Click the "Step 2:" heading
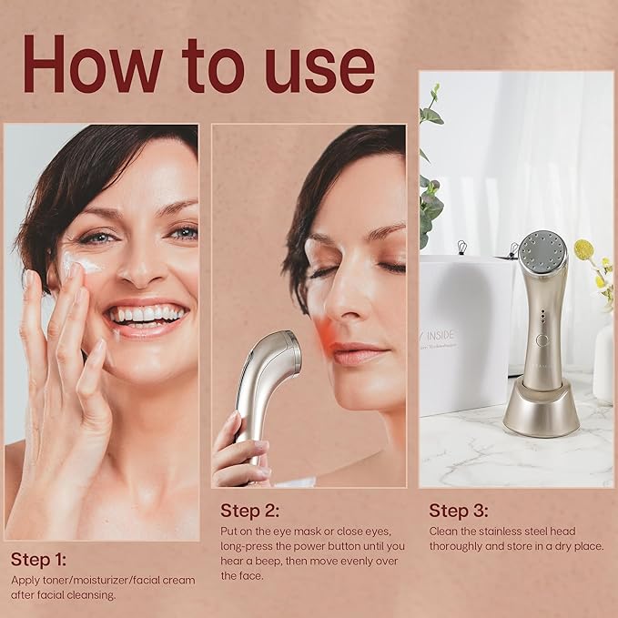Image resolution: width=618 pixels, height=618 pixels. click(249, 510)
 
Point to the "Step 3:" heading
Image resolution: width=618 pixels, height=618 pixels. click(459, 510)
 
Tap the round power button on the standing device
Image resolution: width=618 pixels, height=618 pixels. click(542, 339)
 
